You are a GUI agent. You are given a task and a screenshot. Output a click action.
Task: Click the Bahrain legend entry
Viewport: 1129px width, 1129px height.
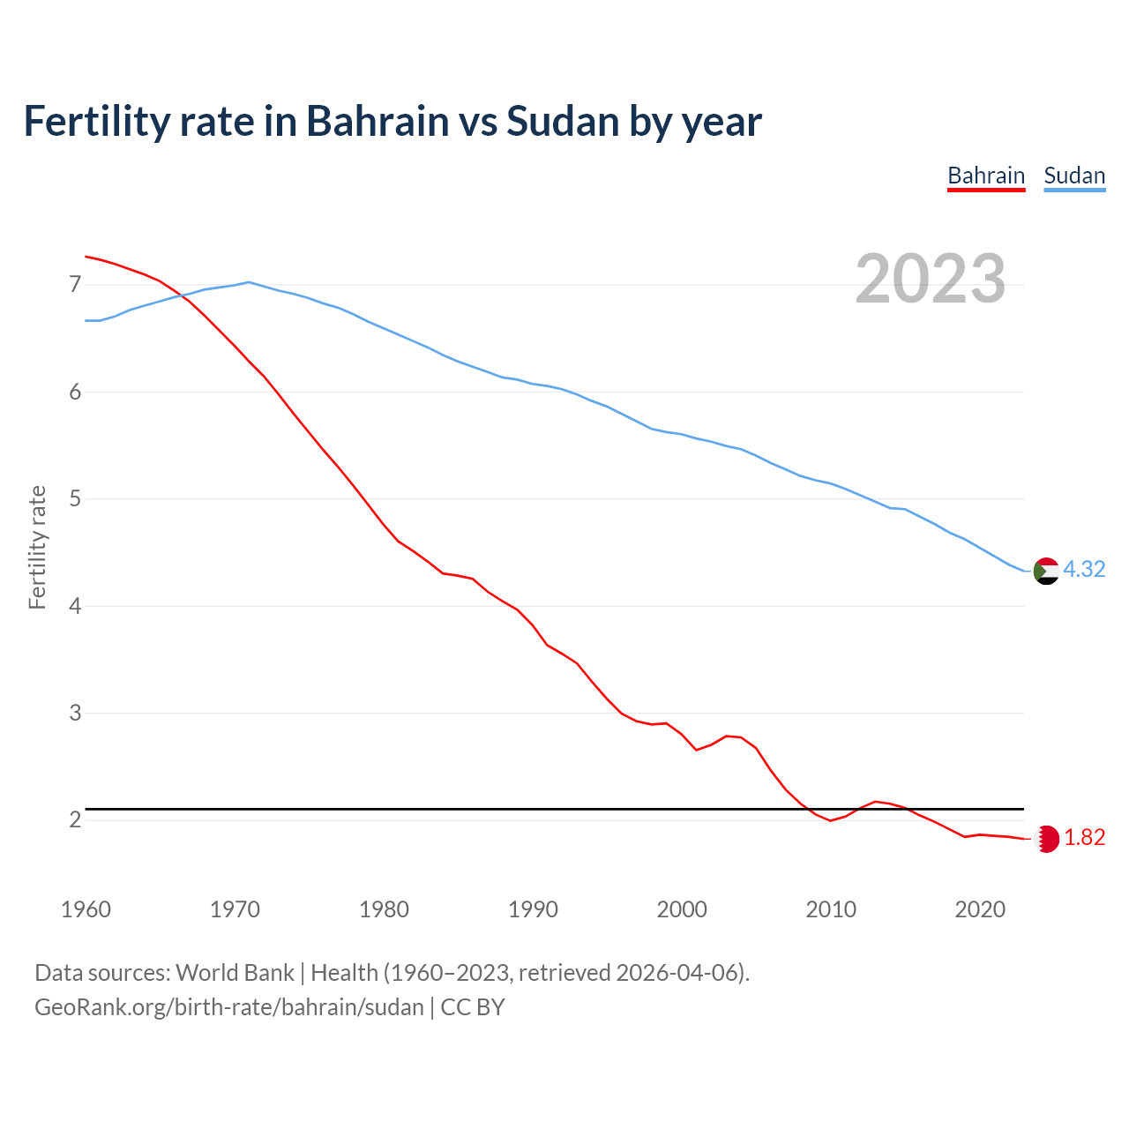tap(986, 176)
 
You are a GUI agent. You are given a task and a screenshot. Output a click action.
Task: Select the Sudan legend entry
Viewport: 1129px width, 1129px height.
tap(1074, 176)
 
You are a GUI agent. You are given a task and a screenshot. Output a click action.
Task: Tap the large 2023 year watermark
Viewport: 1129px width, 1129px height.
tap(930, 279)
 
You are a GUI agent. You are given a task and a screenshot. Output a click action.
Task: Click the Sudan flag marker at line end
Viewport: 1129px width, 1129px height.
tap(1046, 572)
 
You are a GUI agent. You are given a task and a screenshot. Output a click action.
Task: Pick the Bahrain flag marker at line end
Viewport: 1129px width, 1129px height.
tap(1046, 839)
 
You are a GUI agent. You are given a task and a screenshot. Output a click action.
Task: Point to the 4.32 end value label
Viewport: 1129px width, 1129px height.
tap(1084, 570)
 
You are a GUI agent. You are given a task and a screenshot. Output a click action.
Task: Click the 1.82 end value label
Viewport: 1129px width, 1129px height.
tap(1084, 838)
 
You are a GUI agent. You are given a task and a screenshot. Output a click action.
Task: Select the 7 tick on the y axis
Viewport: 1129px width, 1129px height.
tap(75, 285)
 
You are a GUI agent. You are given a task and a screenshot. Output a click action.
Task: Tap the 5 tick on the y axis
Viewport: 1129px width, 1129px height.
tap(75, 499)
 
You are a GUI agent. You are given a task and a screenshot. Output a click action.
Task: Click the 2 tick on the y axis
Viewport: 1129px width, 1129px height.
tap(75, 820)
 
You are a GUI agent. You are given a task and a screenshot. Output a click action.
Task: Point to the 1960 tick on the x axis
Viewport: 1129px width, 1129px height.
tap(86, 909)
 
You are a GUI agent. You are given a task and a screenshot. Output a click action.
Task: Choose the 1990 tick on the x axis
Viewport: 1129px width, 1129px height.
tap(533, 909)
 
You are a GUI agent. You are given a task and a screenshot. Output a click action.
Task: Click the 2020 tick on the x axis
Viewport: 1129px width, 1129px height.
tap(980, 909)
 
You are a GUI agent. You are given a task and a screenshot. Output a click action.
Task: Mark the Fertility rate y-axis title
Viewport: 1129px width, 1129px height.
tap(37, 547)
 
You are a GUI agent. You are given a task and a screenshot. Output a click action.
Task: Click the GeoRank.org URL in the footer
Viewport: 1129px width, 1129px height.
tap(229, 1007)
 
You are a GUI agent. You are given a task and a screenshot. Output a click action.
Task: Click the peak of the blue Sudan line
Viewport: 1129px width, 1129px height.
tap(249, 282)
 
